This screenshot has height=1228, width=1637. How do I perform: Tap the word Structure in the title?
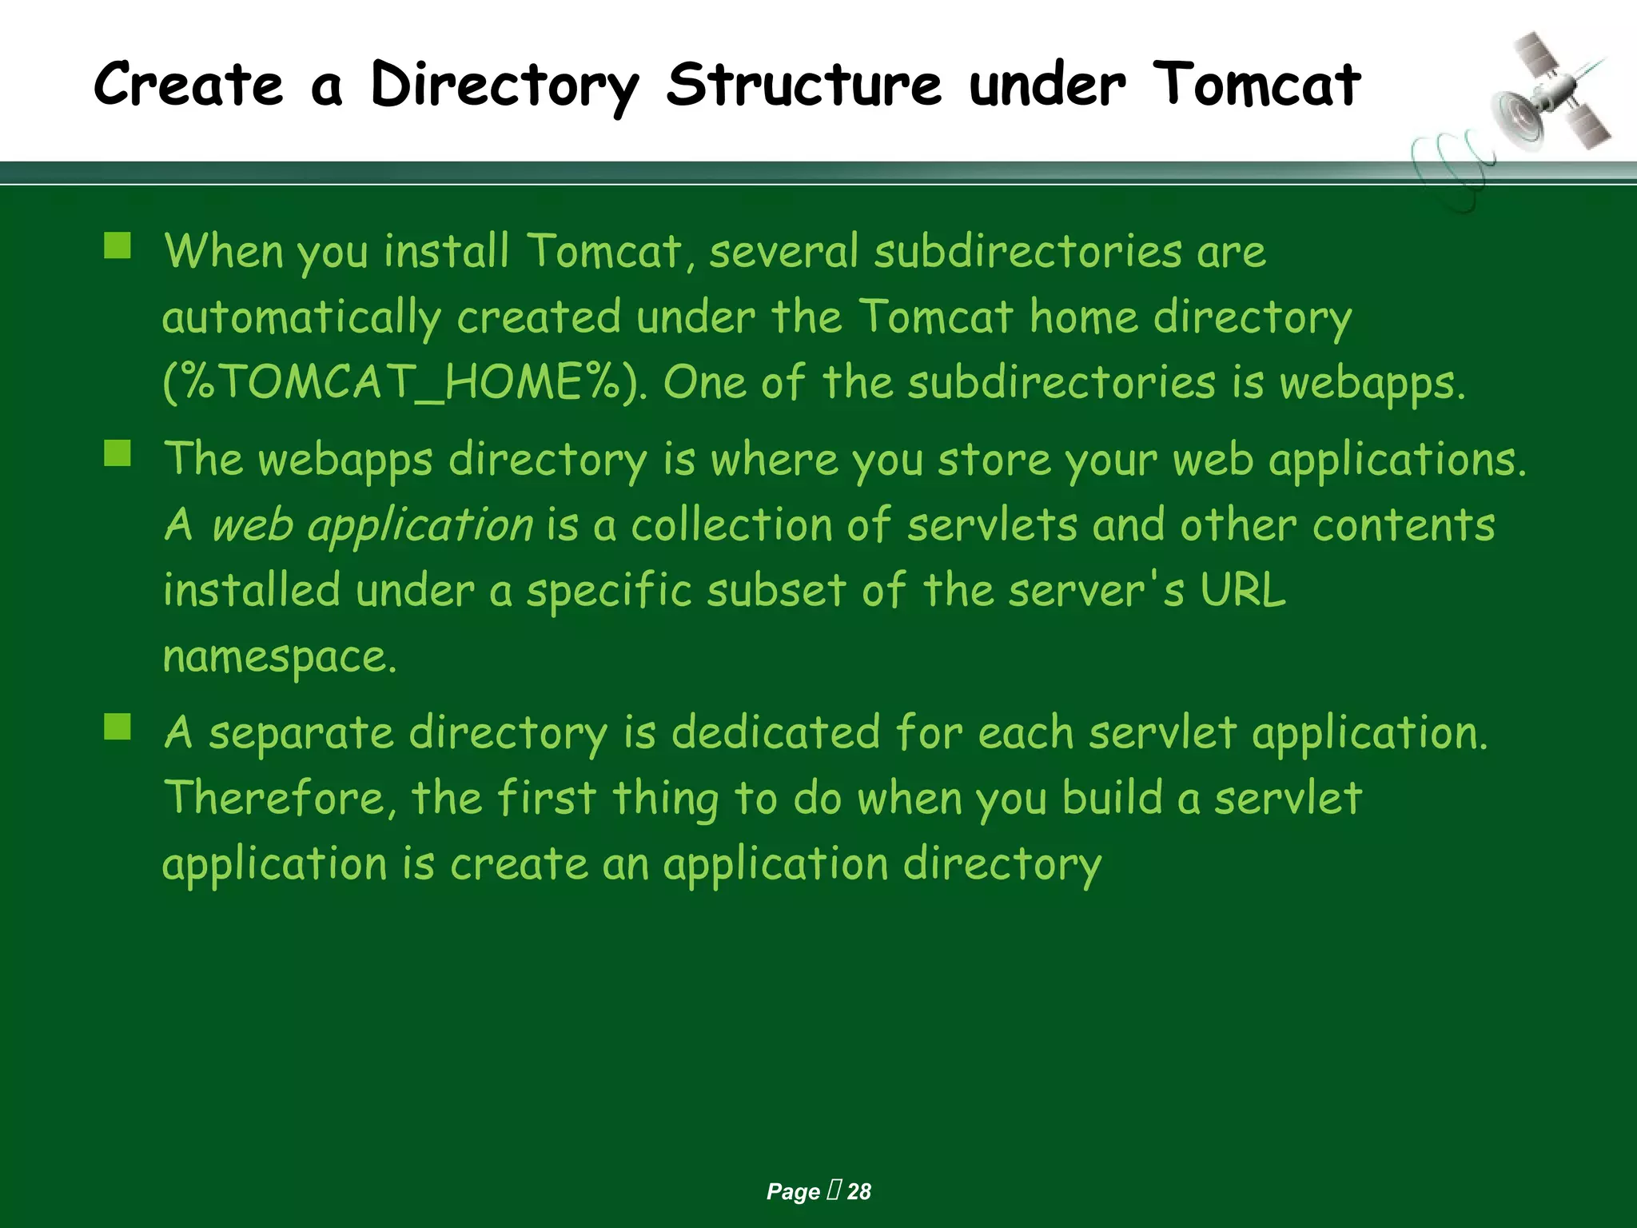[804, 85]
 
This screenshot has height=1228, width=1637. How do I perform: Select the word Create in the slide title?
[189, 85]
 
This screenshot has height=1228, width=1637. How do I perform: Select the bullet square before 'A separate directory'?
[117, 727]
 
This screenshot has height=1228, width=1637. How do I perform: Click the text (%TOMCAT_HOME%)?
[404, 382]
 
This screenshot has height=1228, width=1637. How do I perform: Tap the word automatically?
[301, 317]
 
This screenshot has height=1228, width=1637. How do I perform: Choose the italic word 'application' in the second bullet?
[420, 526]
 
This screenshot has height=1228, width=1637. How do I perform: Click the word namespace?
[279, 657]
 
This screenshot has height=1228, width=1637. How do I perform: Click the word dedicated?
[775, 732]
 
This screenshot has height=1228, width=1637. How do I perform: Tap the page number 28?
[859, 1192]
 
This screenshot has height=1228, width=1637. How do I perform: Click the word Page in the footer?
[793, 1192]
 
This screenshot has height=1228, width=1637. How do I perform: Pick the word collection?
[731, 526]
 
